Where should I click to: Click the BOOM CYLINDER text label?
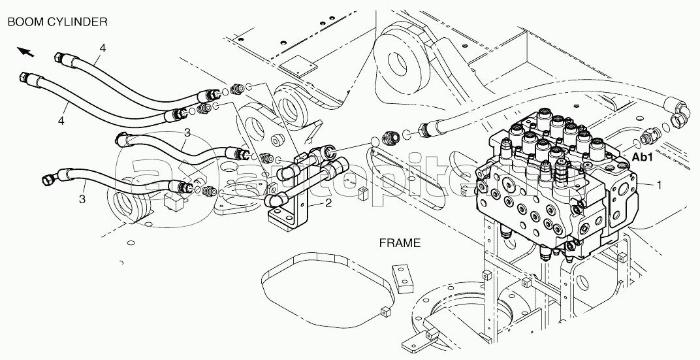tap(57, 22)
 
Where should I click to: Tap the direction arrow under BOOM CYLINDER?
tap(25, 50)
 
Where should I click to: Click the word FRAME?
tap(400, 242)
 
